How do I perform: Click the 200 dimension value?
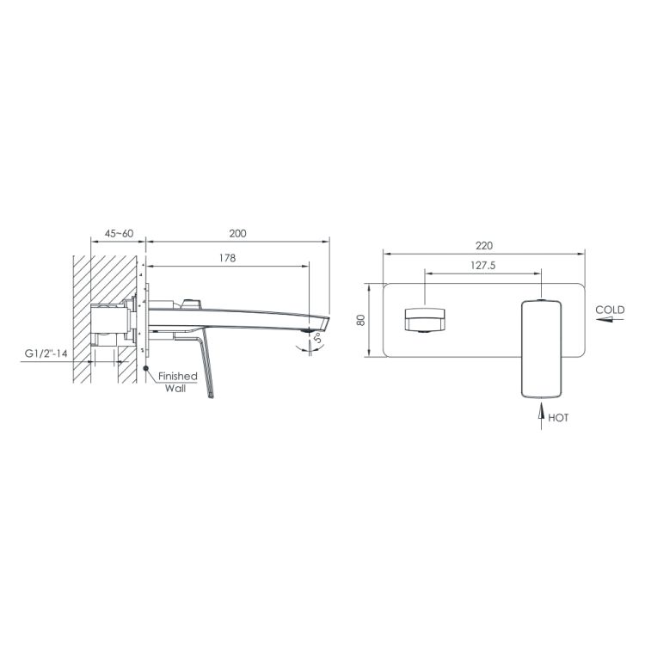tap(237, 234)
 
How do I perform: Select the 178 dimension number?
tap(228, 258)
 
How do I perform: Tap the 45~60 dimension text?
tap(119, 234)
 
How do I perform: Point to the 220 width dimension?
tap(483, 246)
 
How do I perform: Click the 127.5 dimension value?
tap(483, 266)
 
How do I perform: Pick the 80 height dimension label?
tap(360, 320)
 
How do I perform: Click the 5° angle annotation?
tap(318, 339)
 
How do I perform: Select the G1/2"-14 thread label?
tap(46, 353)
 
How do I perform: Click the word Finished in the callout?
tap(178, 376)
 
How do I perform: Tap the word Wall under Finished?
tap(175, 389)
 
